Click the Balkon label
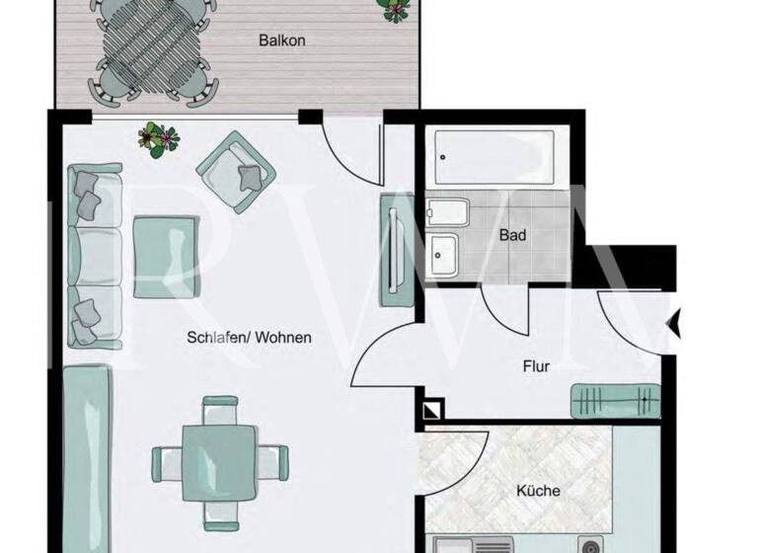[281, 40]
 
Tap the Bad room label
[512, 236]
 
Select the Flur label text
[535, 366]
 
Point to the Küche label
[538, 490]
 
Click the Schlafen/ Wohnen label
[249, 338]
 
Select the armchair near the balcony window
[235, 170]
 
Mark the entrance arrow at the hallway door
[674, 323]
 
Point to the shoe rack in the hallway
[615, 402]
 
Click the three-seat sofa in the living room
[95, 259]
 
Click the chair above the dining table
[219, 409]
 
